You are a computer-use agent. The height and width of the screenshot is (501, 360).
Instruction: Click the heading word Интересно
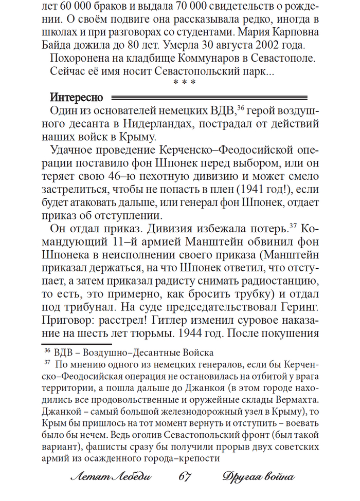(x=77, y=97)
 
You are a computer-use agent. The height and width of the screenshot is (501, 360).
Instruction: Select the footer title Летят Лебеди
(x=111, y=477)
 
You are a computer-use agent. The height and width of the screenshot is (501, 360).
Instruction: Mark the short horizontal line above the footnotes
(x=76, y=344)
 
